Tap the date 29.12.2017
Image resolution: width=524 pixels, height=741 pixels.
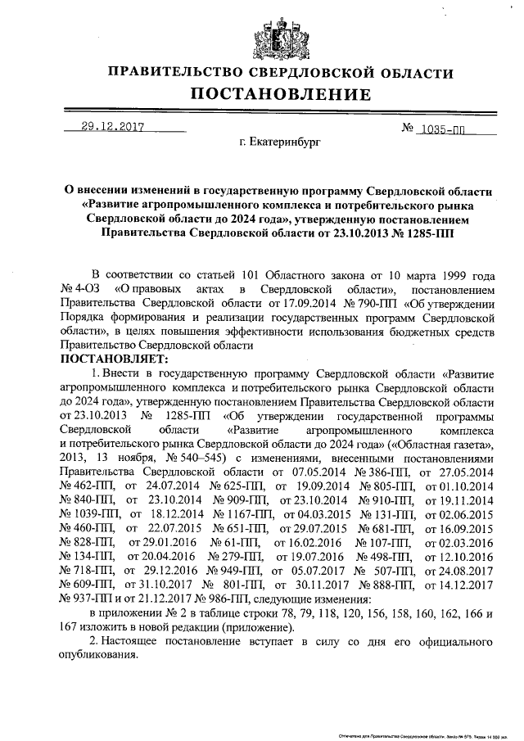click(113, 128)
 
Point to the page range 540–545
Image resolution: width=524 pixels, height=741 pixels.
click(201, 457)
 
